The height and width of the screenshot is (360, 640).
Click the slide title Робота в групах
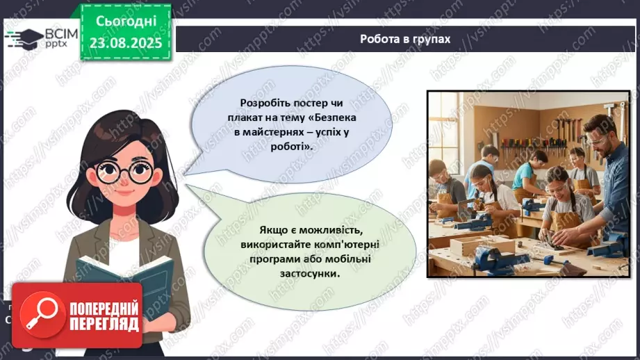(405, 39)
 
